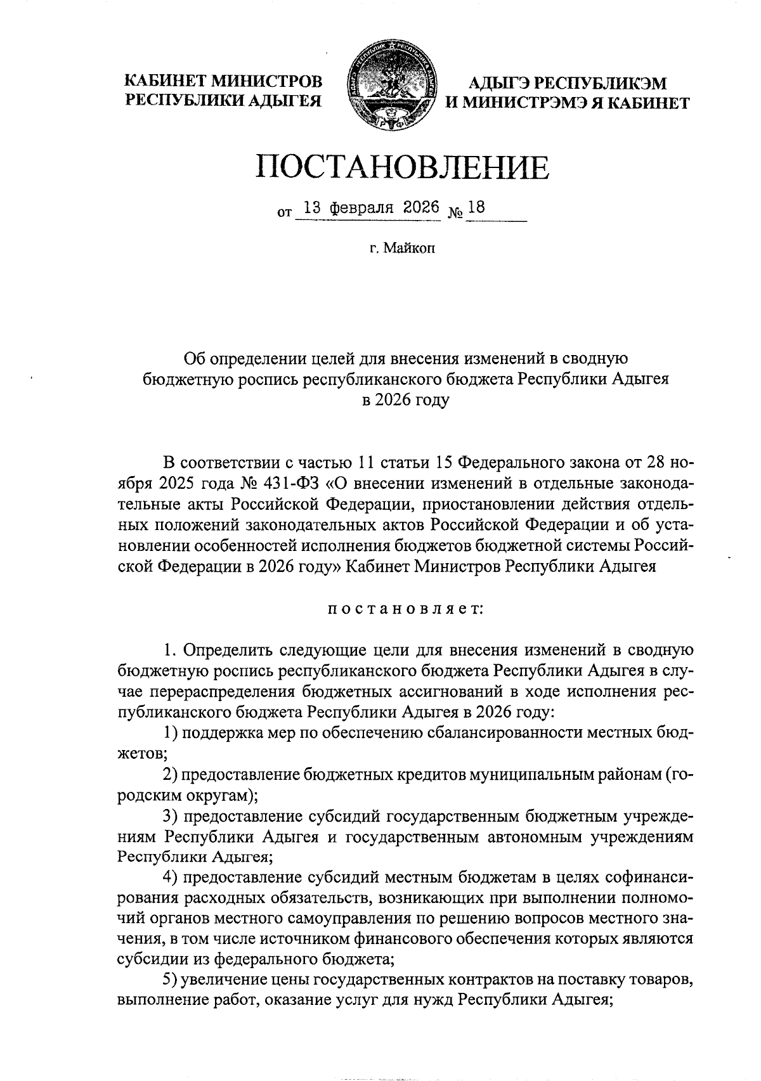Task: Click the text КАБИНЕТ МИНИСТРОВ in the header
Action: coord(223,81)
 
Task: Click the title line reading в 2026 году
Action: coord(405,400)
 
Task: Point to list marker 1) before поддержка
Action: coord(169,734)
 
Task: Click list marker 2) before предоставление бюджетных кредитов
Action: coord(169,775)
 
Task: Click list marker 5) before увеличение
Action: coord(169,961)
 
